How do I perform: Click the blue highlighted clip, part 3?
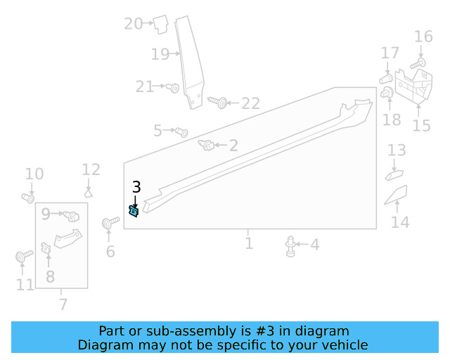(x=134, y=212)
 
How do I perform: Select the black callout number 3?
(x=136, y=187)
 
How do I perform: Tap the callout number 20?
(x=133, y=23)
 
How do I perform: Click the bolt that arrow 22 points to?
(x=218, y=102)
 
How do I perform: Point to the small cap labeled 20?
(x=161, y=24)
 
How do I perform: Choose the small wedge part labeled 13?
(x=394, y=175)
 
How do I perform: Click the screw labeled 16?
(x=418, y=63)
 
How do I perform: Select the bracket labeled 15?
(x=413, y=86)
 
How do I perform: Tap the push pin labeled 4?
(x=290, y=246)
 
